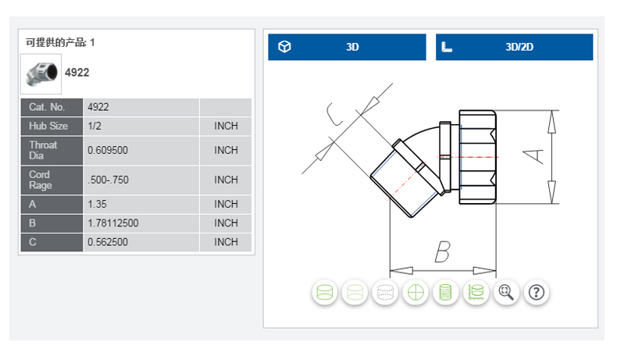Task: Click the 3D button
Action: tap(347, 47)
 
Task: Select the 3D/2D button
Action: tap(514, 47)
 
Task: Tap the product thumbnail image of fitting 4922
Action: tap(41, 73)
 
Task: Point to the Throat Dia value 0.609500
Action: tap(112, 150)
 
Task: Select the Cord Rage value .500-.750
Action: tap(108, 180)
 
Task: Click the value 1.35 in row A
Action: tap(98, 204)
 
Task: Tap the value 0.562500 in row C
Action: tap(108, 242)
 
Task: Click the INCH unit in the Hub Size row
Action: tap(226, 126)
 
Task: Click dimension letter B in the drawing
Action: tap(441, 251)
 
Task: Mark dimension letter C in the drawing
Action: tap(335, 115)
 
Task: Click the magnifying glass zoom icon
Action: tap(506, 293)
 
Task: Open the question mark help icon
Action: tap(536, 293)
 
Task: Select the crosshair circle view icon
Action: tap(416, 293)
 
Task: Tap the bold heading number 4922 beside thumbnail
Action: tap(77, 73)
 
